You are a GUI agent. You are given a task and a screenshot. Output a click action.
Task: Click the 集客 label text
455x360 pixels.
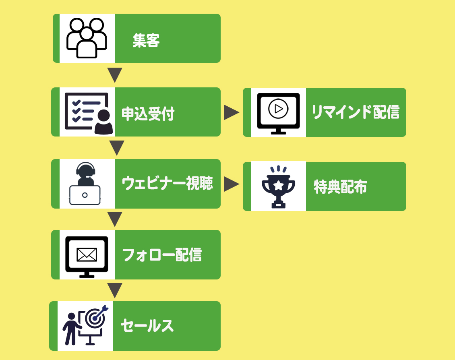coord(146,41)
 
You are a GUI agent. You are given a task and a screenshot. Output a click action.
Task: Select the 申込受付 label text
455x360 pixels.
coord(148,114)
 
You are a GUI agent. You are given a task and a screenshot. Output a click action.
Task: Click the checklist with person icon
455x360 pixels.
coord(88,113)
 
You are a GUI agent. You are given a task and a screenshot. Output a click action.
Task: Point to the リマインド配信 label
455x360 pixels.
coord(355,112)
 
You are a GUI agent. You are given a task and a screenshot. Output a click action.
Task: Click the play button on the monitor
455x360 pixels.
coord(278,108)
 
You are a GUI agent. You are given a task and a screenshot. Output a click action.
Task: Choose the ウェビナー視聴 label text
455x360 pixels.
coord(167,184)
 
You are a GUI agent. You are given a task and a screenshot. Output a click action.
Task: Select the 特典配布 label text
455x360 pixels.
coord(340,186)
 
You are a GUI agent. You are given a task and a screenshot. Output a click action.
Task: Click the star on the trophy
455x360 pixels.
coord(278,185)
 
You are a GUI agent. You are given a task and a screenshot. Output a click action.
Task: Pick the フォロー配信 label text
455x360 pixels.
coord(161,255)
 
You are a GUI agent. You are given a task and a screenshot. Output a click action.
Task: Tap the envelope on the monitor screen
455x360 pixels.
coord(87,254)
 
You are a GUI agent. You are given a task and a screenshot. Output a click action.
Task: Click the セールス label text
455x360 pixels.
coord(147,326)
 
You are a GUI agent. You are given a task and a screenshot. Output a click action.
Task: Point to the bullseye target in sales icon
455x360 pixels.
coord(95,318)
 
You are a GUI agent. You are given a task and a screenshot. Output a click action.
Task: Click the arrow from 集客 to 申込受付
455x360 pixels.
coord(115,74)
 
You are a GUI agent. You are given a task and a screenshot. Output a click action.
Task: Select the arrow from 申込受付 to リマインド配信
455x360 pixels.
coord(231,112)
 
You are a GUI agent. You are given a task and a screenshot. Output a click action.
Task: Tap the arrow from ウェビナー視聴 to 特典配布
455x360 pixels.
coord(231,184)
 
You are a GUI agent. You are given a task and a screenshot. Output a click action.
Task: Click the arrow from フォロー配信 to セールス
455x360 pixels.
coord(115,290)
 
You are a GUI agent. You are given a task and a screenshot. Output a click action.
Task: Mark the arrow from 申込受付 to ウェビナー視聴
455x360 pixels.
coord(116,147)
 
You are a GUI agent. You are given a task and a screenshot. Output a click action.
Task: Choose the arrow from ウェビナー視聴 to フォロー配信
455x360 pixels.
coord(115,219)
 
